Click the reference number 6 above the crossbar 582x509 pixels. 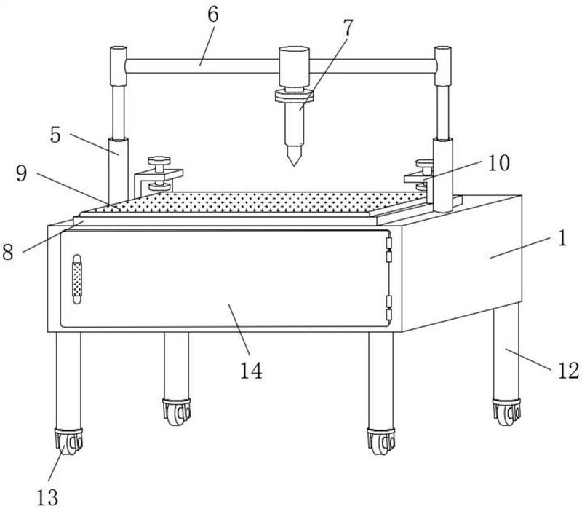(x=213, y=15)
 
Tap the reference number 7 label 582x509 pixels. (x=348, y=28)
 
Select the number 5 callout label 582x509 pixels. (x=55, y=135)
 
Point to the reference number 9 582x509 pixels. (x=22, y=173)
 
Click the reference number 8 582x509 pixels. (x=8, y=252)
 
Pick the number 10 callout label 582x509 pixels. (x=498, y=163)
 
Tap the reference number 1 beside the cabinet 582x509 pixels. (x=562, y=238)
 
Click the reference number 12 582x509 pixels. (x=568, y=371)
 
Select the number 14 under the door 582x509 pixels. (x=251, y=371)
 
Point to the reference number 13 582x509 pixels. (x=47, y=497)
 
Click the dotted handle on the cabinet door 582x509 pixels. (x=77, y=279)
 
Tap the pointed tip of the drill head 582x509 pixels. (x=294, y=165)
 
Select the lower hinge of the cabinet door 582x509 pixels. (x=389, y=308)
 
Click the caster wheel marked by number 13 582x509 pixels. (x=68, y=441)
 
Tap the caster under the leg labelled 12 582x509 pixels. (x=506, y=411)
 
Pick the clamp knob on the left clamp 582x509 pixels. (x=159, y=160)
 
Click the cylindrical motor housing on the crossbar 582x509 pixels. (x=295, y=67)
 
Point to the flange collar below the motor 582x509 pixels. (x=295, y=96)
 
